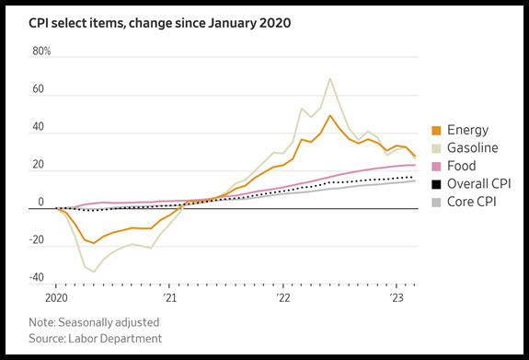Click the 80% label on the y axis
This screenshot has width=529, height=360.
pyautogui.click(x=41, y=52)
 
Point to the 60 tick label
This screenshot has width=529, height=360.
pyautogui.click(x=38, y=88)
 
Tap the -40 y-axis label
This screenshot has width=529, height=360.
pyautogui.click(x=37, y=277)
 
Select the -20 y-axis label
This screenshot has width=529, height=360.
pyautogui.click(x=37, y=239)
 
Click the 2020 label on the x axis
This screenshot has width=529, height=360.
pyautogui.click(x=56, y=298)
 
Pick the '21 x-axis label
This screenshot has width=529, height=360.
pyautogui.click(x=169, y=298)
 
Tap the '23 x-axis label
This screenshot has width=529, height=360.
pyautogui.click(x=397, y=298)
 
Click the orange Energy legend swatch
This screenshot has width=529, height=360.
pyautogui.click(x=436, y=131)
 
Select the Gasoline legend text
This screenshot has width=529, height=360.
pyautogui.click(x=472, y=148)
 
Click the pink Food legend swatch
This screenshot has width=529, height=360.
pyautogui.click(x=436, y=167)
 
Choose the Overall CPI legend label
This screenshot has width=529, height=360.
pyautogui.click(x=478, y=184)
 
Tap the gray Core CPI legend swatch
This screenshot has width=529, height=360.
pyautogui.click(x=436, y=203)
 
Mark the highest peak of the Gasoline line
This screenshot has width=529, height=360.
pyautogui.click(x=330, y=78)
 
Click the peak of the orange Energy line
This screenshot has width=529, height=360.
pyautogui.click(x=330, y=115)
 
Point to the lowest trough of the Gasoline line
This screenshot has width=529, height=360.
pyautogui.click(x=94, y=272)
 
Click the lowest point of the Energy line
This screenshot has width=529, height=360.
pyautogui.click(x=94, y=243)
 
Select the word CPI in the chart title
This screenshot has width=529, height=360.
pyautogui.click(x=38, y=23)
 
